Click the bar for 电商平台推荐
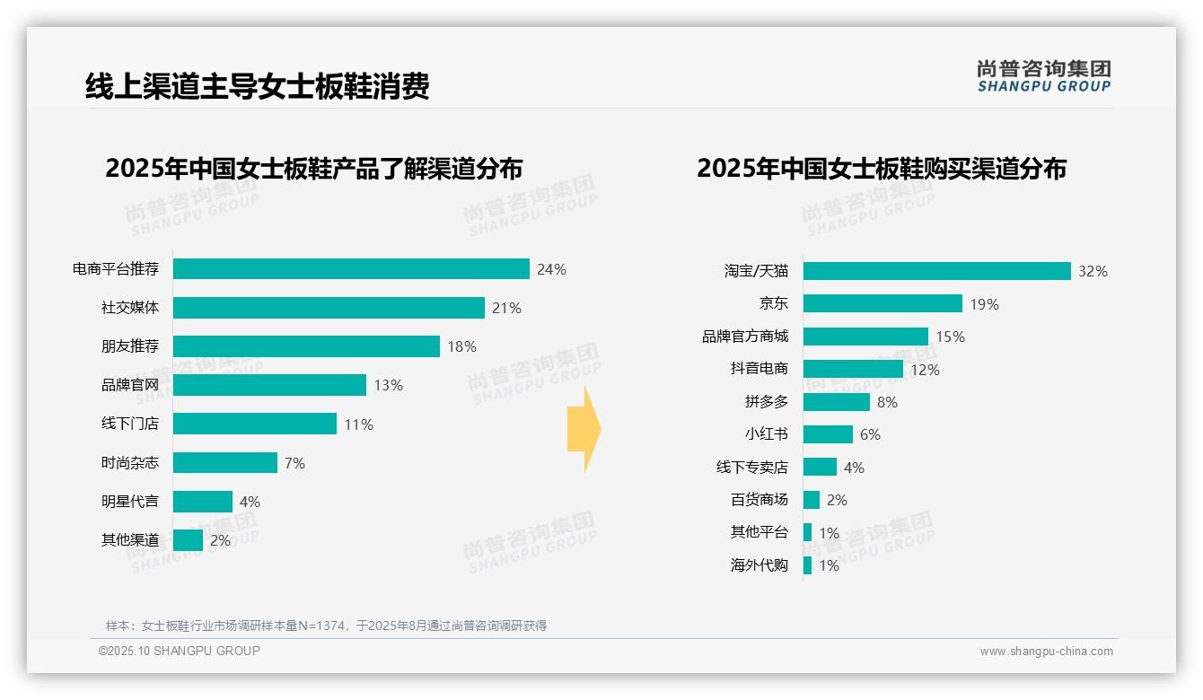pyautogui.click(x=351, y=269)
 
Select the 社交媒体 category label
pyautogui.click(x=129, y=308)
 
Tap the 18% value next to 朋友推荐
pyautogui.click(x=461, y=346)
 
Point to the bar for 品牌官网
pyautogui.click(x=269, y=385)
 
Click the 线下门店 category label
pyautogui.click(x=129, y=424)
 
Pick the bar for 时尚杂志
pyautogui.click(x=224, y=462)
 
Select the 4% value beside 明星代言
pyautogui.click(x=250, y=502)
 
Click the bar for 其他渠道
pyautogui.click(x=188, y=540)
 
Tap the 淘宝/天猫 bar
pyautogui.click(x=936, y=271)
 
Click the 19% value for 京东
pyautogui.click(x=984, y=304)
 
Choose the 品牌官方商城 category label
pyautogui.click(x=744, y=337)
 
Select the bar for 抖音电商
pyautogui.click(x=853, y=369)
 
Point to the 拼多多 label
pyautogui.click(x=766, y=402)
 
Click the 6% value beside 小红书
pyautogui.click(x=870, y=434)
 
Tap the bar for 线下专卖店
pyautogui.click(x=820, y=467)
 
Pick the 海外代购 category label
pyautogui.click(x=759, y=565)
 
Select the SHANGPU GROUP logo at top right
pyautogui.click(x=1043, y=76)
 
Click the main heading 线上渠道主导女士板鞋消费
pyautogui.click(x=258, y=86)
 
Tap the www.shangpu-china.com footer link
pyautogui.click(x=1046, y=652)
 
